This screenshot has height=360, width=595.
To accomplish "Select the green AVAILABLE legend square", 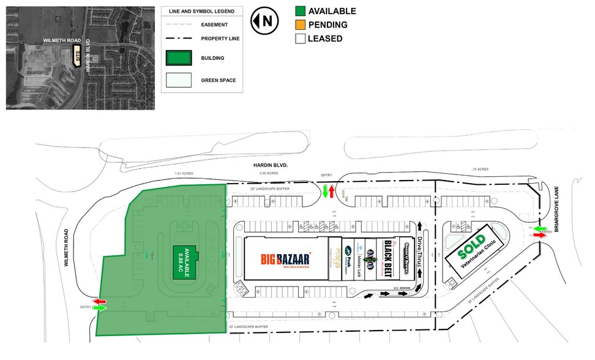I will tap(300, 11).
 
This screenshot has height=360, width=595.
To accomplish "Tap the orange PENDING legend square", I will tap(300, 24).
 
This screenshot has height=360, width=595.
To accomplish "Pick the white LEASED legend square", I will tap(300, 38).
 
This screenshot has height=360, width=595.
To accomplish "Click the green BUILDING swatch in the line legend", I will tap(179, 58).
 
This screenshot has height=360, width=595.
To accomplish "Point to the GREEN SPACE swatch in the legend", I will tap(179, 80).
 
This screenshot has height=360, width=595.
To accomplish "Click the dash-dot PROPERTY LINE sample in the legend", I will tap(179, 39).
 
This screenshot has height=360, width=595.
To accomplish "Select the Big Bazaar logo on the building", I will tap(286, 258).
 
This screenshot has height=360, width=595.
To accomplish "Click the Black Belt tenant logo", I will tap(387, 258).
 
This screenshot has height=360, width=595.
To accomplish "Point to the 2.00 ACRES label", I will tap(268, 173).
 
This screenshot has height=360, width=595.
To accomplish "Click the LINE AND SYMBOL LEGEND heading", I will tap(201, 12).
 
